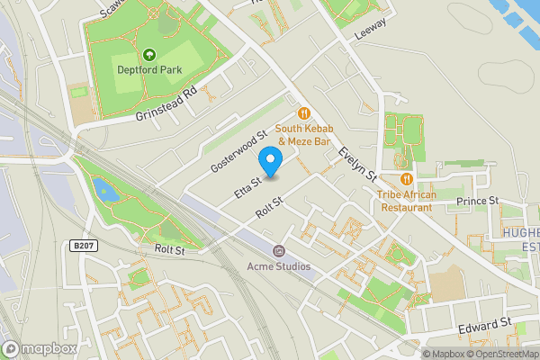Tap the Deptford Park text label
tap(146, 68)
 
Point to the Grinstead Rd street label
tap(165, 104)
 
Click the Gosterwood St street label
tap(239, 151)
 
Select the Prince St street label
tap(477, 200)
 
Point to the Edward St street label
tap(484, 322)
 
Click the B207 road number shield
tap(81, 245)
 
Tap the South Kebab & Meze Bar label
tap(304, 134)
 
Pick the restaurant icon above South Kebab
tap(304, 113)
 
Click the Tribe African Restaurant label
tap(407, 201)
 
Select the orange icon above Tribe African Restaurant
tap(407, 179)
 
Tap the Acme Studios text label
tap(279, 266)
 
